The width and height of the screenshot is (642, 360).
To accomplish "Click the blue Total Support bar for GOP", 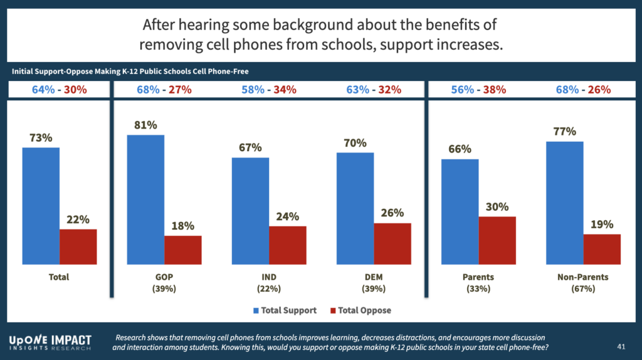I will point(145,199).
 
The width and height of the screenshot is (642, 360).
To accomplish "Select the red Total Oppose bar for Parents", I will point(497,240).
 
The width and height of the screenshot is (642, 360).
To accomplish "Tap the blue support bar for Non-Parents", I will point(564,203).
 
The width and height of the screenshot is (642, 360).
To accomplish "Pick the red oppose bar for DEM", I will point(392,243).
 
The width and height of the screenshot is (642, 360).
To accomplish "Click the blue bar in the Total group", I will point(41,206).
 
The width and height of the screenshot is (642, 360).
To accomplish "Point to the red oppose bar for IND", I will point(288,245).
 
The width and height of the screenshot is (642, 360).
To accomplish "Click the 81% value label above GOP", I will point(145,124).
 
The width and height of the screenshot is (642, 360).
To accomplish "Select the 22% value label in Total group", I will point(78,220).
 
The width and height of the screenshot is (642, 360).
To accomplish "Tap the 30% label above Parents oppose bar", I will point(497,207).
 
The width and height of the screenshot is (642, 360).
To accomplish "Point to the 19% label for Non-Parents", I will point(602,225).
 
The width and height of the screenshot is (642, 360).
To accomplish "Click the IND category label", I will point(270,277).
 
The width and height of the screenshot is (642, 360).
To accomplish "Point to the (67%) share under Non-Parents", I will point(583,289).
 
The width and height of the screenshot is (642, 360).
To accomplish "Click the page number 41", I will point(620,346).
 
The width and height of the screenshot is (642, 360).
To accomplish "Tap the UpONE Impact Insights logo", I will point(50,342).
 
